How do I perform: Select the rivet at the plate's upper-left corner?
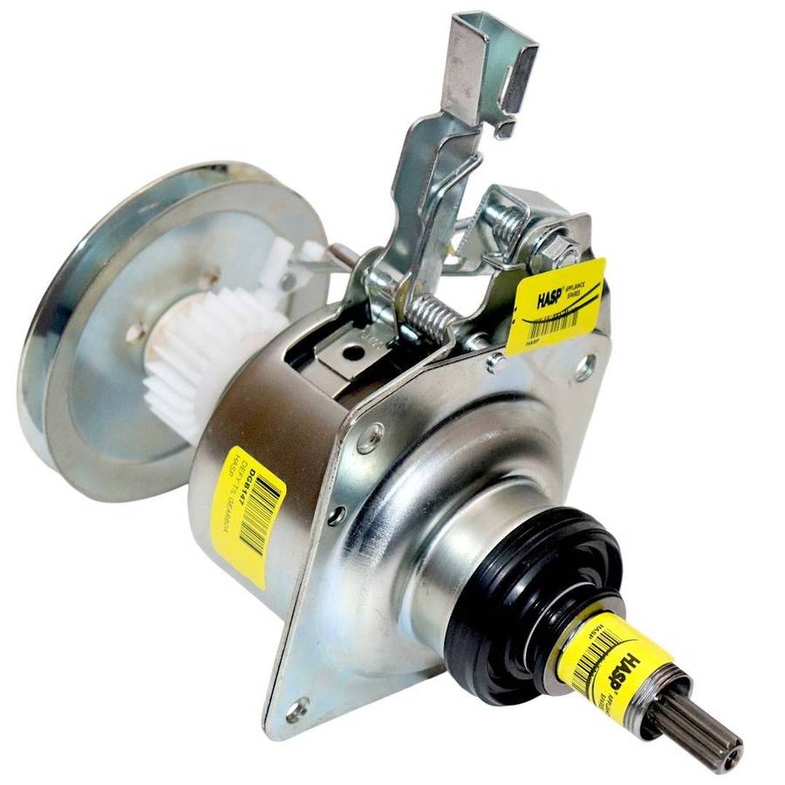click(370, 436)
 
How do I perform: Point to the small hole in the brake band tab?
click(353, 353)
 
